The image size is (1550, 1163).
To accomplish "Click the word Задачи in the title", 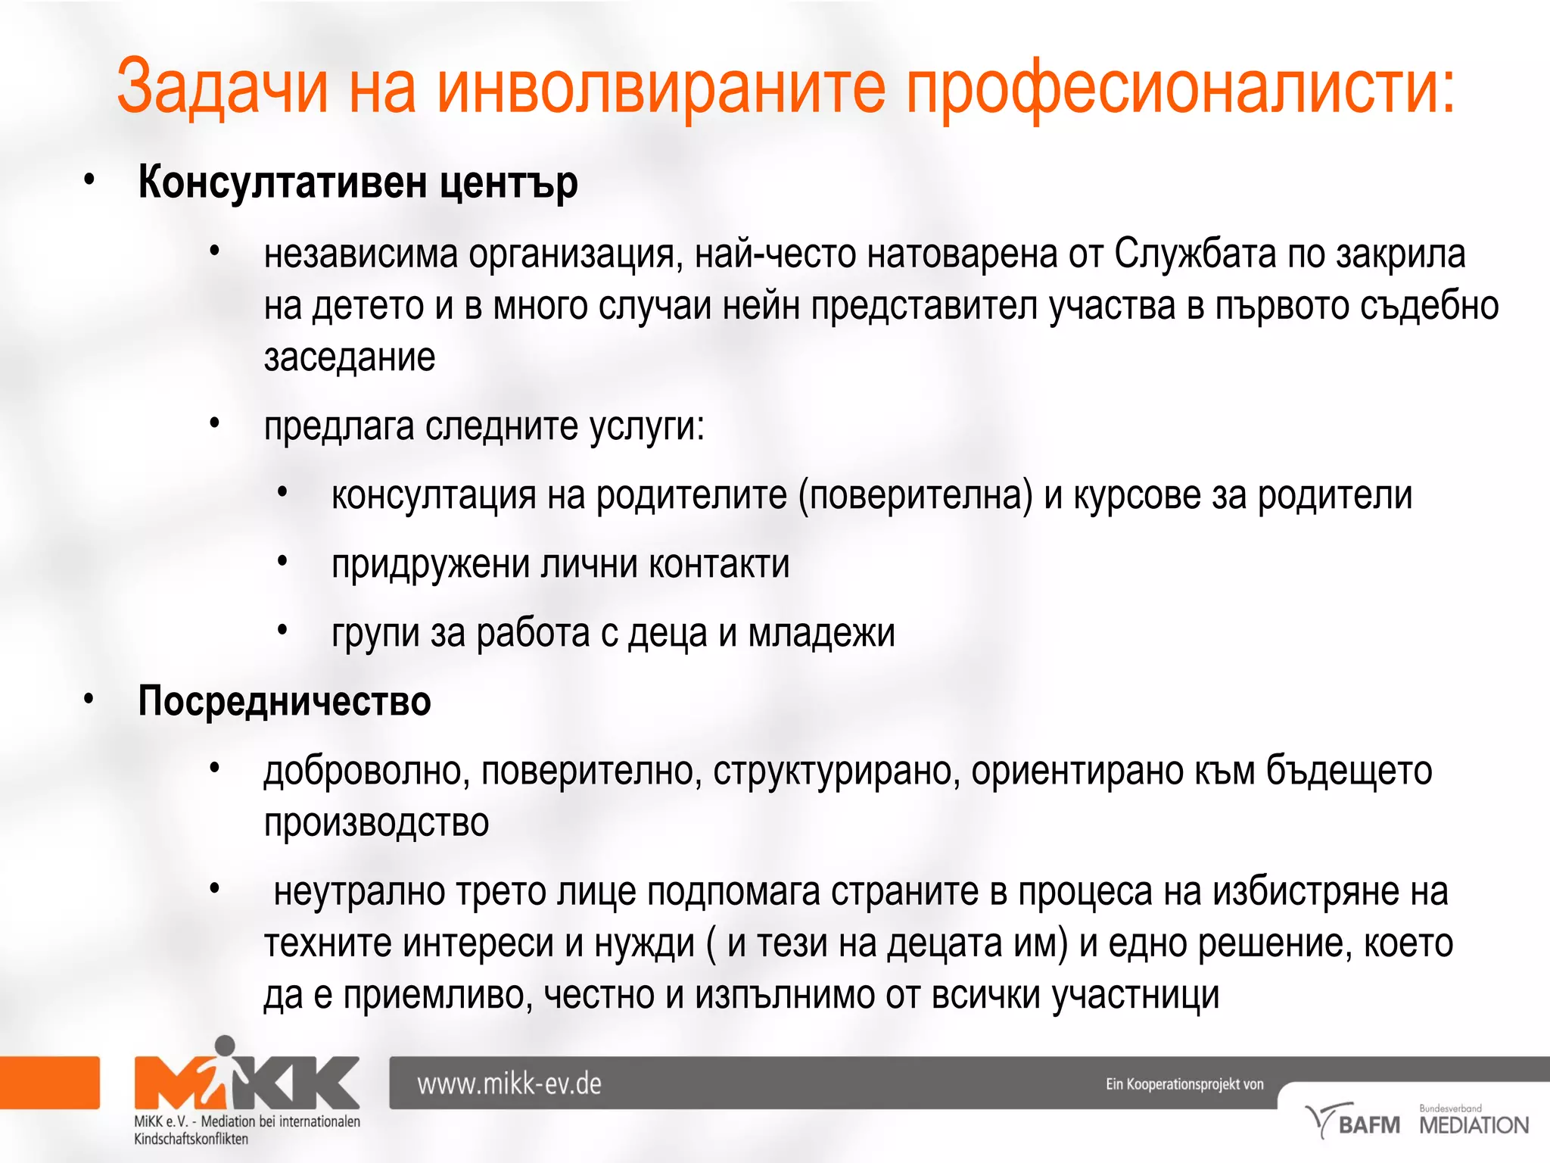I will (223, 87).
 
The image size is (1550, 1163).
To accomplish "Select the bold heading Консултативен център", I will (357, 182).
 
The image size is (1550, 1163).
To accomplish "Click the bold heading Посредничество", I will (284, 701).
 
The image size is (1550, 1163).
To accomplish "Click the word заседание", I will (349, 357).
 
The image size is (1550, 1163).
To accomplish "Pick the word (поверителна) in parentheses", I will (915, 496).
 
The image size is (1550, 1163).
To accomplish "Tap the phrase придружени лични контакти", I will (560, 564).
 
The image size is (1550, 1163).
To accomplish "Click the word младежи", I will (821, 633).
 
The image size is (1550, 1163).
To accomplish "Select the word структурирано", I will (836, 771).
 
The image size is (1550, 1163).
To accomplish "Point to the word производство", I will (376, 822).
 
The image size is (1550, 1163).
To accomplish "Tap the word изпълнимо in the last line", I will (784, 995).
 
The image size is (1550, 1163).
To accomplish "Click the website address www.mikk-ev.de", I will (509, 1083).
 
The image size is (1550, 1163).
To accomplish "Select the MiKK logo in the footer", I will (247, 1079).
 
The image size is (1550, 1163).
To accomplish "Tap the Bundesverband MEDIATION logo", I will (1473, 1121).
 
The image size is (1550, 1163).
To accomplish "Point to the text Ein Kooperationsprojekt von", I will (1184, 1084).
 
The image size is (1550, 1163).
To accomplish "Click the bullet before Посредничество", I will (89, 700).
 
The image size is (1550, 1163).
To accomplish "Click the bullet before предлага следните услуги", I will (215, 423).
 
